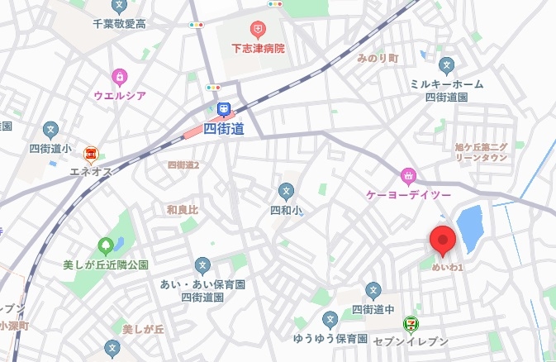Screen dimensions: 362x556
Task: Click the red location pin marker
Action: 444,241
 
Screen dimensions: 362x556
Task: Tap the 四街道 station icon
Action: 224,109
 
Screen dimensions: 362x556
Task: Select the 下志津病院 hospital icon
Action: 258,30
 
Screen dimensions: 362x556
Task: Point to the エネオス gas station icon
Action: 91,153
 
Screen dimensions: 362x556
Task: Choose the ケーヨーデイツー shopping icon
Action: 407,175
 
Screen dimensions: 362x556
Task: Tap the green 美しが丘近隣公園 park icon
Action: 105,245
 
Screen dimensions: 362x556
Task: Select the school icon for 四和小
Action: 286,191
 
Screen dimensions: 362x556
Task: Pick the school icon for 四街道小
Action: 50,130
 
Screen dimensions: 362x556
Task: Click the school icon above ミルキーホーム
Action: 447,64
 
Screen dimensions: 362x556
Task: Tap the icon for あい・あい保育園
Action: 202,265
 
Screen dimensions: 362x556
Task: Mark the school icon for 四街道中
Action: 373,290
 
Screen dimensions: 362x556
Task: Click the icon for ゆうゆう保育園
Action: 330,319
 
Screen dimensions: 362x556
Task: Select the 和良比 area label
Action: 182,210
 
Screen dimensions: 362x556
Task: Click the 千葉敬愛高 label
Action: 119,25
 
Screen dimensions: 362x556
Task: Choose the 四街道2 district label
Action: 183,165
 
